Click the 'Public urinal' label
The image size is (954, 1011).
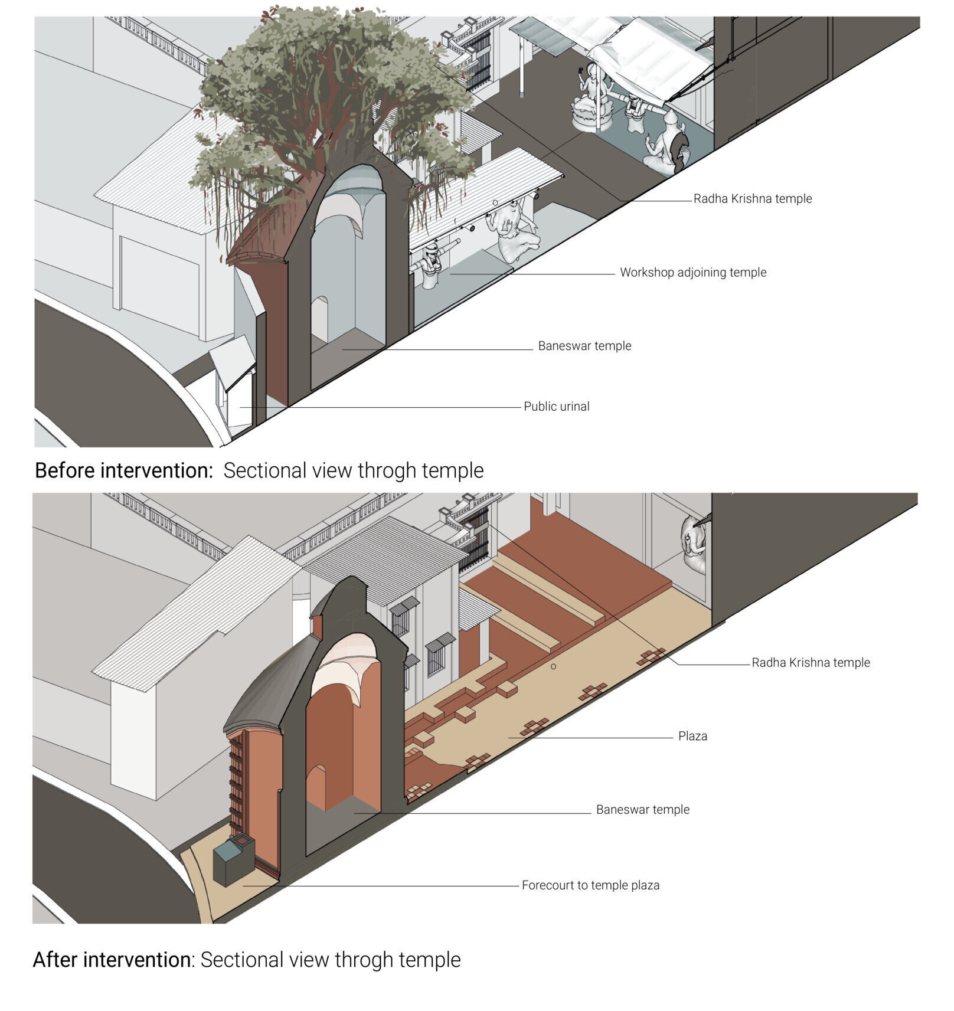coord(556,406)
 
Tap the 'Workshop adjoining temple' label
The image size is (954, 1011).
coord(693,272)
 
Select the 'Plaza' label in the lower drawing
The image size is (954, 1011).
coord(692,736)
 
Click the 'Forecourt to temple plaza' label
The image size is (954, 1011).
coord(590,885)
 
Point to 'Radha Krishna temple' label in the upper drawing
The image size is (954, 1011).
coord(753,198)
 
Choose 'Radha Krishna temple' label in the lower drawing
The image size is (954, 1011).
coord(811,662)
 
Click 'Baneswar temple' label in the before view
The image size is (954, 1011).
coord(584,346)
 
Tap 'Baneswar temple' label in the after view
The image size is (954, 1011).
coord(642,809)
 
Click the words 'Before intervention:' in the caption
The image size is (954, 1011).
coord(124,470)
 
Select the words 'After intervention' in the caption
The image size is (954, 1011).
coord(112,960)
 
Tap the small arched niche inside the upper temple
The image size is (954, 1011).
coord(319,319)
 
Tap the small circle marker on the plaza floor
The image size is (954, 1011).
coord(553,666)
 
